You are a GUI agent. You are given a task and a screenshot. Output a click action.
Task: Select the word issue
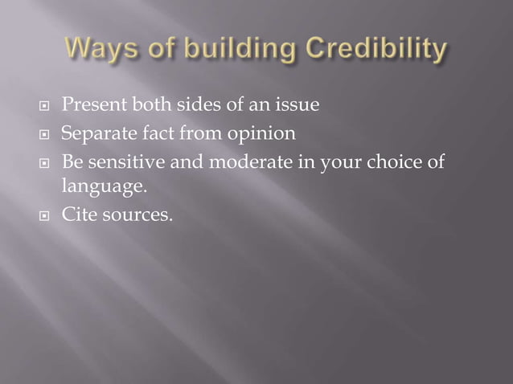pos(298,104)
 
